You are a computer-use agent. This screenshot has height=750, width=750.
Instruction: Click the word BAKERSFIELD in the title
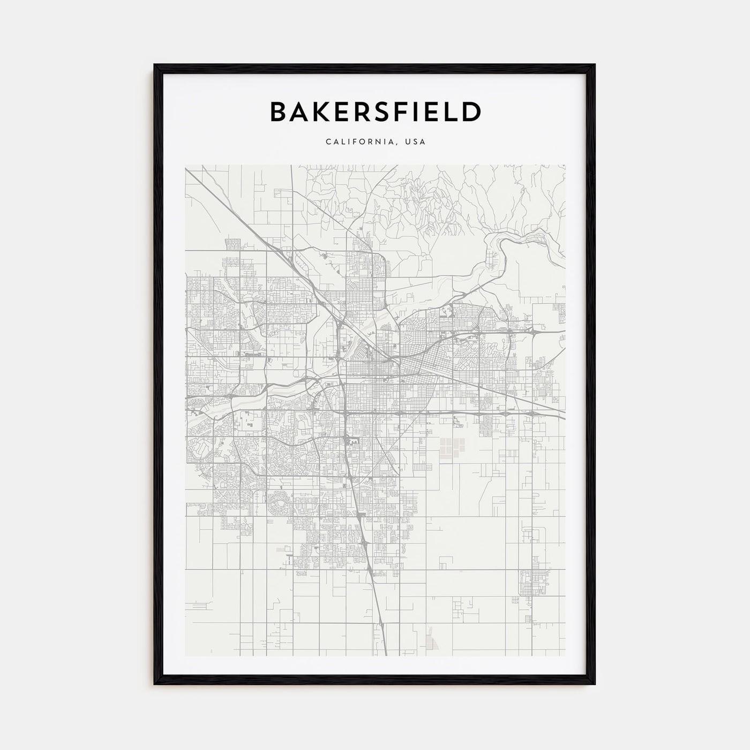coord(375,111)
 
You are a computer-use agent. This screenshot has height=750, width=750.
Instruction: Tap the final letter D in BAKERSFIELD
coord(472,111)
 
